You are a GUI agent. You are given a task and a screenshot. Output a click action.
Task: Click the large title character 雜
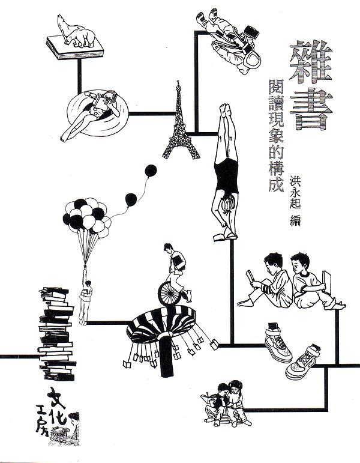311,61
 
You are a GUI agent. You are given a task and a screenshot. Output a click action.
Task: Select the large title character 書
311,109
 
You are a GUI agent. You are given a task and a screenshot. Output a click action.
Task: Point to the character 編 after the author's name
295,220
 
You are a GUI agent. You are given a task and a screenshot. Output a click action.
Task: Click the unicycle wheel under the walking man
169,293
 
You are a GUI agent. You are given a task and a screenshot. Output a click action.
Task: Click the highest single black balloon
151,171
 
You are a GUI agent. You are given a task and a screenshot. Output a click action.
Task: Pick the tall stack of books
56,334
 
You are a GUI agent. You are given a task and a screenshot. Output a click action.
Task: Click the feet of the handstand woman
226,110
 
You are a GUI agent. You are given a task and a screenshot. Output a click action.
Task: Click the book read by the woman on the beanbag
101,103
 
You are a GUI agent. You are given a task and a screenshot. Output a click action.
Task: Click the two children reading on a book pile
226,403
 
